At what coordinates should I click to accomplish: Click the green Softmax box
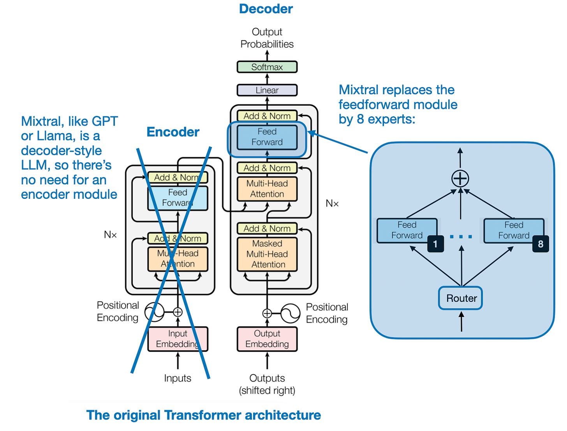point(267,67)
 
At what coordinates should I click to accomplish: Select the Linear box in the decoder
point(267,90)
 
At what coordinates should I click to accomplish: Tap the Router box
point(461,298)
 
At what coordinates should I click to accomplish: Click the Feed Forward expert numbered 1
point(406,230)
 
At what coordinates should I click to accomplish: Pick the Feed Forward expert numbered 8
point(513,230)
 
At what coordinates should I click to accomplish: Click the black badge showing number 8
point(541,244)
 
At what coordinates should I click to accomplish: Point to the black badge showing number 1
point(435,244)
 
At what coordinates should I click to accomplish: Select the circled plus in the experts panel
point(460,179)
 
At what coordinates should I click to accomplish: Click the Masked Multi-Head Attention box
point(267,254)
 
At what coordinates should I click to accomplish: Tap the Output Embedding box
point(267,339)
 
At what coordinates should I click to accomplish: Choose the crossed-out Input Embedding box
point(178,339)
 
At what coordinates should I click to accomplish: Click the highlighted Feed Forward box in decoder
point(267,137)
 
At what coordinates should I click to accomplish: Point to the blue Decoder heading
point(266,9)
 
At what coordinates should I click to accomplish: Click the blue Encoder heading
point(173,132)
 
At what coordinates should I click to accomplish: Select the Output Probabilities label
point(267,38)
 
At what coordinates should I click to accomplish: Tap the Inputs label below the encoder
point(178,378)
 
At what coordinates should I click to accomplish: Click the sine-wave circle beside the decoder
point(290,313)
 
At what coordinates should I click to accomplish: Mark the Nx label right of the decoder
point(332,203)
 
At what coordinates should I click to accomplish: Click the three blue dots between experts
point(461,237)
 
